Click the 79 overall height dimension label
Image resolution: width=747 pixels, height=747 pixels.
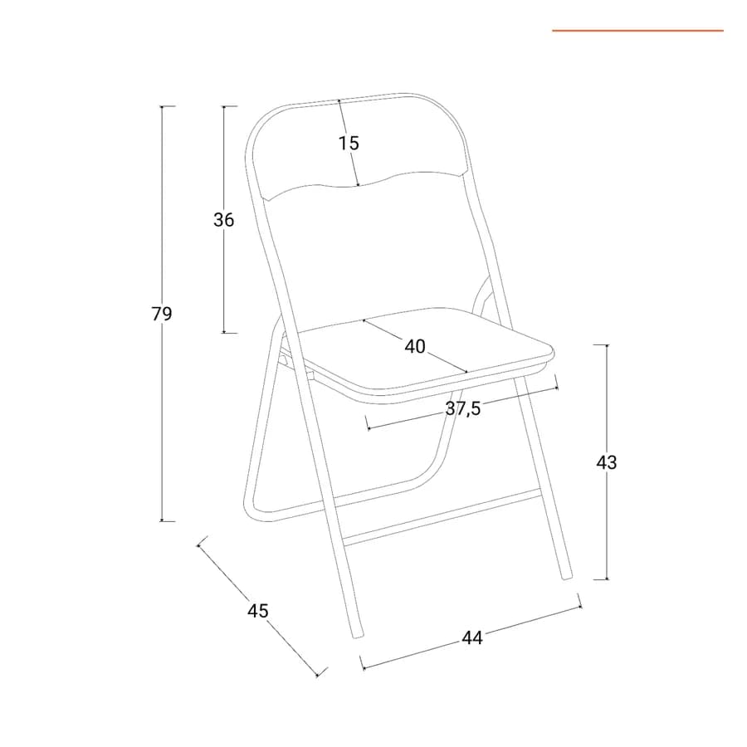pos(162,314)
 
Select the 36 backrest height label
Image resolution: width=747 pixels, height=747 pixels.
pos(223,220)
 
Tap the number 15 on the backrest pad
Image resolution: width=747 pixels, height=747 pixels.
pos(349,143)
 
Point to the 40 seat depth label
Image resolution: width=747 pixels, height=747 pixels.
pos(415,346)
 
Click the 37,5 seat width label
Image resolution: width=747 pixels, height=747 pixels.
pos(463,408)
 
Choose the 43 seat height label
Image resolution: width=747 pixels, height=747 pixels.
pos(607,462)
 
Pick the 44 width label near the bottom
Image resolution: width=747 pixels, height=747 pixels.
pos(472,637)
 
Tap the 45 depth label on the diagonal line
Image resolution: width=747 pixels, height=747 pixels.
pos(258,610)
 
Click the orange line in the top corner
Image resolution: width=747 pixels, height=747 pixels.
pos(638,31)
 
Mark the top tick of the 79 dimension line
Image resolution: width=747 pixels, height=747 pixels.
pos(162,106)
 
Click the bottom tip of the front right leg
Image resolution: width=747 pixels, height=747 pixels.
pos(568,578)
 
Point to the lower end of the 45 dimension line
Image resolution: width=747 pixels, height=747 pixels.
pos(318,675)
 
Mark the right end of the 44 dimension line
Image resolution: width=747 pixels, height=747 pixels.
pos(581,607)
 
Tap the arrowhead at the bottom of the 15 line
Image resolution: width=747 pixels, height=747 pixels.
pos(358,184)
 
